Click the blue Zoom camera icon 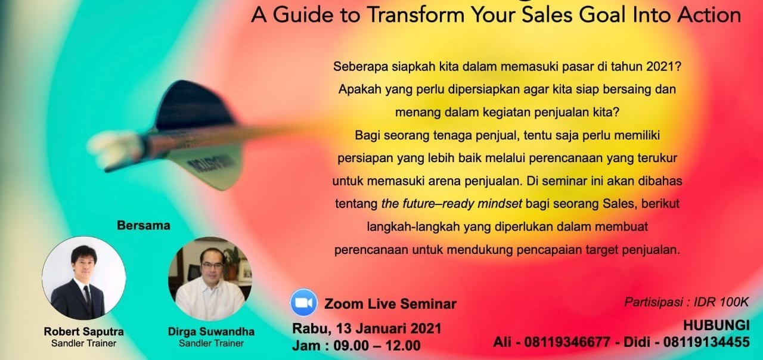pyautogui.click(x=303, y=302)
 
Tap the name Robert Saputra pyautogui.click(x=84, y=331)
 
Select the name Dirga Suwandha pyautogui.click(x=211, y=331)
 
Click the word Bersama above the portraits pyautogui.click(x=144, y=225)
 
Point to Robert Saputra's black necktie pyautogui.click(x=87, y=297)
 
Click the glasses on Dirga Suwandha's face pyautogui.click(x=212, y=265)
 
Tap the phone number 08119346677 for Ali pyautogui.click(x=567, y=342)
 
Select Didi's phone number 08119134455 pyautogui.click(x=706, y=342)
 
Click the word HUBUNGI pyautogui.click(x=717, y=325)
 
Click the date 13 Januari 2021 pyautogui.click(x=389, y=328)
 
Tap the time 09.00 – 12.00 pyautogui.click(x=377, y=346)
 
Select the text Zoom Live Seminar pyautogui.click(x=390, y=304)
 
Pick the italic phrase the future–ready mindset pyautogui.click(x=452, y=204)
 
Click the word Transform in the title pyautogui.click(x=416, y=15)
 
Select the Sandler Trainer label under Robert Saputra pyautogui.click(x=84, y=343)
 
